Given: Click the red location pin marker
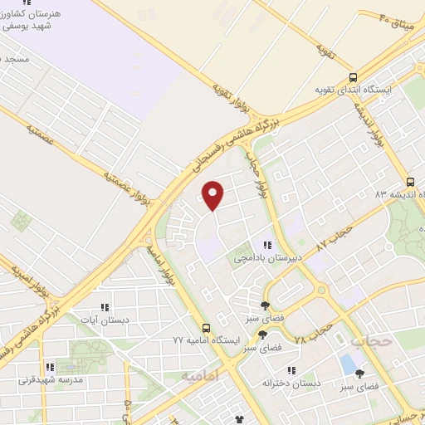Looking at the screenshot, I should click(213, 195).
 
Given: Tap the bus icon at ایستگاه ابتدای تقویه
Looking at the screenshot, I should click(354, 75).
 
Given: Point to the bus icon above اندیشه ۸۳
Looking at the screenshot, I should click(409, 182).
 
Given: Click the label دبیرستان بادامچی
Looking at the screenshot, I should click(268, 259).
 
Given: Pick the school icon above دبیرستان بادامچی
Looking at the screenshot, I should click(267, 245).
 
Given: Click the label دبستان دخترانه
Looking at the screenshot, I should click(291, 383).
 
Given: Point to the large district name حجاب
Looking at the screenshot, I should click(369, 340).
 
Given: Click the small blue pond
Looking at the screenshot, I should click(346, 363).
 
